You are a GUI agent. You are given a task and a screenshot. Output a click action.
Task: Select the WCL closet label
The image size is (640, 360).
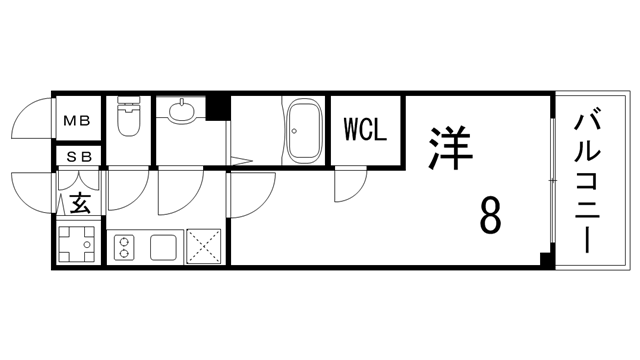point(365,131)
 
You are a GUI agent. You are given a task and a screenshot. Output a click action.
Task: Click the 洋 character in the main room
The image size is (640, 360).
point(449,145)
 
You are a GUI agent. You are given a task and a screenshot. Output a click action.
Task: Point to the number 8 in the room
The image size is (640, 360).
point(490,214)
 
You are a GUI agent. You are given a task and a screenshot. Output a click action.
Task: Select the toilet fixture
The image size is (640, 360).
point(128,121)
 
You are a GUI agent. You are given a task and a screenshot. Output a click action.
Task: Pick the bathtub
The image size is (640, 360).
point(302,131)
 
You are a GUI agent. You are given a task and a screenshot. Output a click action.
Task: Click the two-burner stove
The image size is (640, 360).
point(125,246)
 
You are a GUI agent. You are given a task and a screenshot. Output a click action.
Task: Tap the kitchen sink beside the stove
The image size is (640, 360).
point(163,246)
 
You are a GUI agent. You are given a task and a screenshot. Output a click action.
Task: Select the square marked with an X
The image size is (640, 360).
point(204,246)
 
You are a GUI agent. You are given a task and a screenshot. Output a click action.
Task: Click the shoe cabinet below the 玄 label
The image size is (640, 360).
point(76,243)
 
